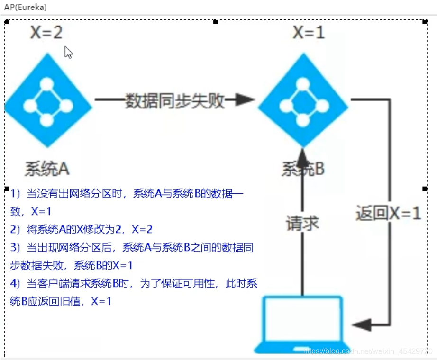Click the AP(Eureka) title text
tap(26, 7)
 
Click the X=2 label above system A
tap(46, 33)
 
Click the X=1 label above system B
tap(309, 33)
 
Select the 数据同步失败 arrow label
tap(174, 100)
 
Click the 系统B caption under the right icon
tap(303, 169)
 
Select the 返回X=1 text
tap(388, 214)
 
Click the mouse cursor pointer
tap(68, 52)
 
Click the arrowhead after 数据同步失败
tap(245, 99)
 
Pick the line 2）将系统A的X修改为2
tap(82, 230)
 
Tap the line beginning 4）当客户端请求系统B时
tap(134, 283)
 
